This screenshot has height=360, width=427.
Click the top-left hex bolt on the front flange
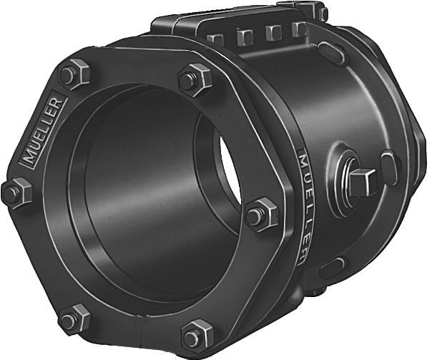tap(75, 74)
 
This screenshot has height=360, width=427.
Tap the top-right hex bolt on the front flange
tap(195, 79)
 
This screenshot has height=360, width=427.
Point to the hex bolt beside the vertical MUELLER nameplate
tap(262, 214)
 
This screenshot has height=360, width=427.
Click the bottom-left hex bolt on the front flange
tap(74, 318)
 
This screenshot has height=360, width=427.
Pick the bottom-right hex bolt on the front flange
tap(197, 336)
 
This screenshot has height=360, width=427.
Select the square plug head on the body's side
tap(363, 182)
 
